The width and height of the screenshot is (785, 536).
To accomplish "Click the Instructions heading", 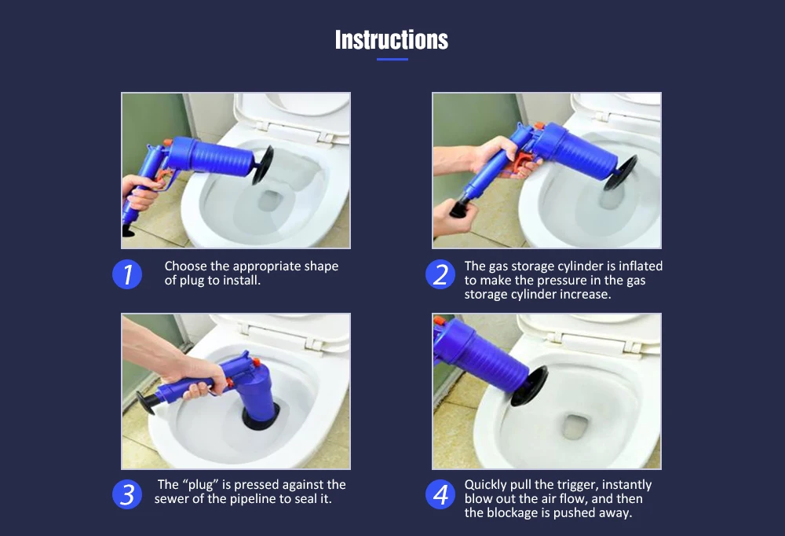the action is (x=392, y=39).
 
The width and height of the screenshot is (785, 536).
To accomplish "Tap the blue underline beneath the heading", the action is (x=392, y=59).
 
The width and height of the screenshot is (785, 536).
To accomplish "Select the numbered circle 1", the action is (x=127, y=274).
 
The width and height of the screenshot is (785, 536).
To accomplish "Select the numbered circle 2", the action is (x=440, y=274).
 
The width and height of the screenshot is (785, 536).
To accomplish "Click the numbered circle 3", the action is (x=127, y=494).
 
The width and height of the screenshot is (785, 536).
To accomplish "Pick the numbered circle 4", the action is (x=440, y=494).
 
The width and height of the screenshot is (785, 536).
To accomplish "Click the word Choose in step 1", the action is (x=186, y=266).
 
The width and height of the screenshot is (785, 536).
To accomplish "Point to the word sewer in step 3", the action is (x=170, y=499).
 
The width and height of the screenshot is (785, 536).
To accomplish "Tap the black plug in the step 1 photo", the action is (x=262, y=165).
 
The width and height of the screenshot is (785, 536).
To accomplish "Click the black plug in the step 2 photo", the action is (x=620, y=172).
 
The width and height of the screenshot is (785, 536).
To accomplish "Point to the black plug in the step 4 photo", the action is (x=528, y=387).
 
